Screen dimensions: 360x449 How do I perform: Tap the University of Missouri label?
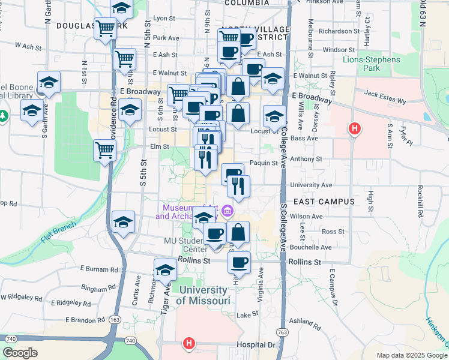[204, 295]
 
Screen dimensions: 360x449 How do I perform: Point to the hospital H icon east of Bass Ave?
[355, 128]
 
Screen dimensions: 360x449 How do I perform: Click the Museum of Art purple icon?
[228, 211]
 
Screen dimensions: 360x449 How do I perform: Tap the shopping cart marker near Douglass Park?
[106, 28]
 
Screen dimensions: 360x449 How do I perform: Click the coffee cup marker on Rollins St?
[240, 262]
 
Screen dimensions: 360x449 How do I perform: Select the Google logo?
[20, 353]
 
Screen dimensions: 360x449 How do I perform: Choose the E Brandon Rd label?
[85, 319]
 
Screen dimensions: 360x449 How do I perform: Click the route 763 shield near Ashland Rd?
[282, 332]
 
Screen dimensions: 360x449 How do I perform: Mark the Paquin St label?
[264, 163]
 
